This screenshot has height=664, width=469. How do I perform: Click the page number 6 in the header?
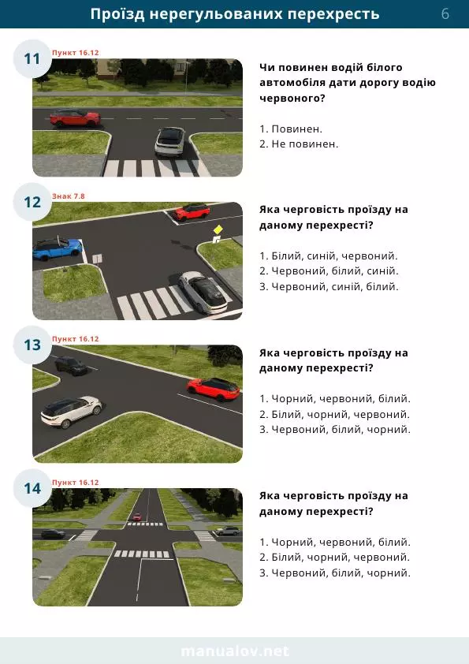445,14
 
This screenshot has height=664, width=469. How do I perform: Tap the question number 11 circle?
32,59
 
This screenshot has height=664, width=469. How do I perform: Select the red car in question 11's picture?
76,118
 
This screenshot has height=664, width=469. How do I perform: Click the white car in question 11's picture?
170,142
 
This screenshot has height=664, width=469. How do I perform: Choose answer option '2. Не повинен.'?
299,144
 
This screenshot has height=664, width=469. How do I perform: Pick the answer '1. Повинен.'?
291,129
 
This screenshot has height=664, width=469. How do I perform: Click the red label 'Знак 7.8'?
69,196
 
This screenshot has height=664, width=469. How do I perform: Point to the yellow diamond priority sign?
218,229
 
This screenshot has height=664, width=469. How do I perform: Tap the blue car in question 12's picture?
57,248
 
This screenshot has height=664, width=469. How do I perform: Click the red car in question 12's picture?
192,211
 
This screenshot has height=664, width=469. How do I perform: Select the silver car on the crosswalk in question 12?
203,292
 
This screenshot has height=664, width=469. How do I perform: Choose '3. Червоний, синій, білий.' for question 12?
329,287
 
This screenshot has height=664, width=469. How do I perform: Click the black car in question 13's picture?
71,366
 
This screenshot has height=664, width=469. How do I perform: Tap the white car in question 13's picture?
71,412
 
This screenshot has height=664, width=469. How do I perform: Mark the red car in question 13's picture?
214,389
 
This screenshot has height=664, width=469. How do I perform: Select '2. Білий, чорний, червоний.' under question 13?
334,414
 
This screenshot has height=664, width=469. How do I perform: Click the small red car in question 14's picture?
136,517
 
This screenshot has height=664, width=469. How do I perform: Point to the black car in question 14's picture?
53,534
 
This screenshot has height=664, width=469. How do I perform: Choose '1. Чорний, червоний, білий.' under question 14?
335,542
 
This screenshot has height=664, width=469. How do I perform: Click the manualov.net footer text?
235,651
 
